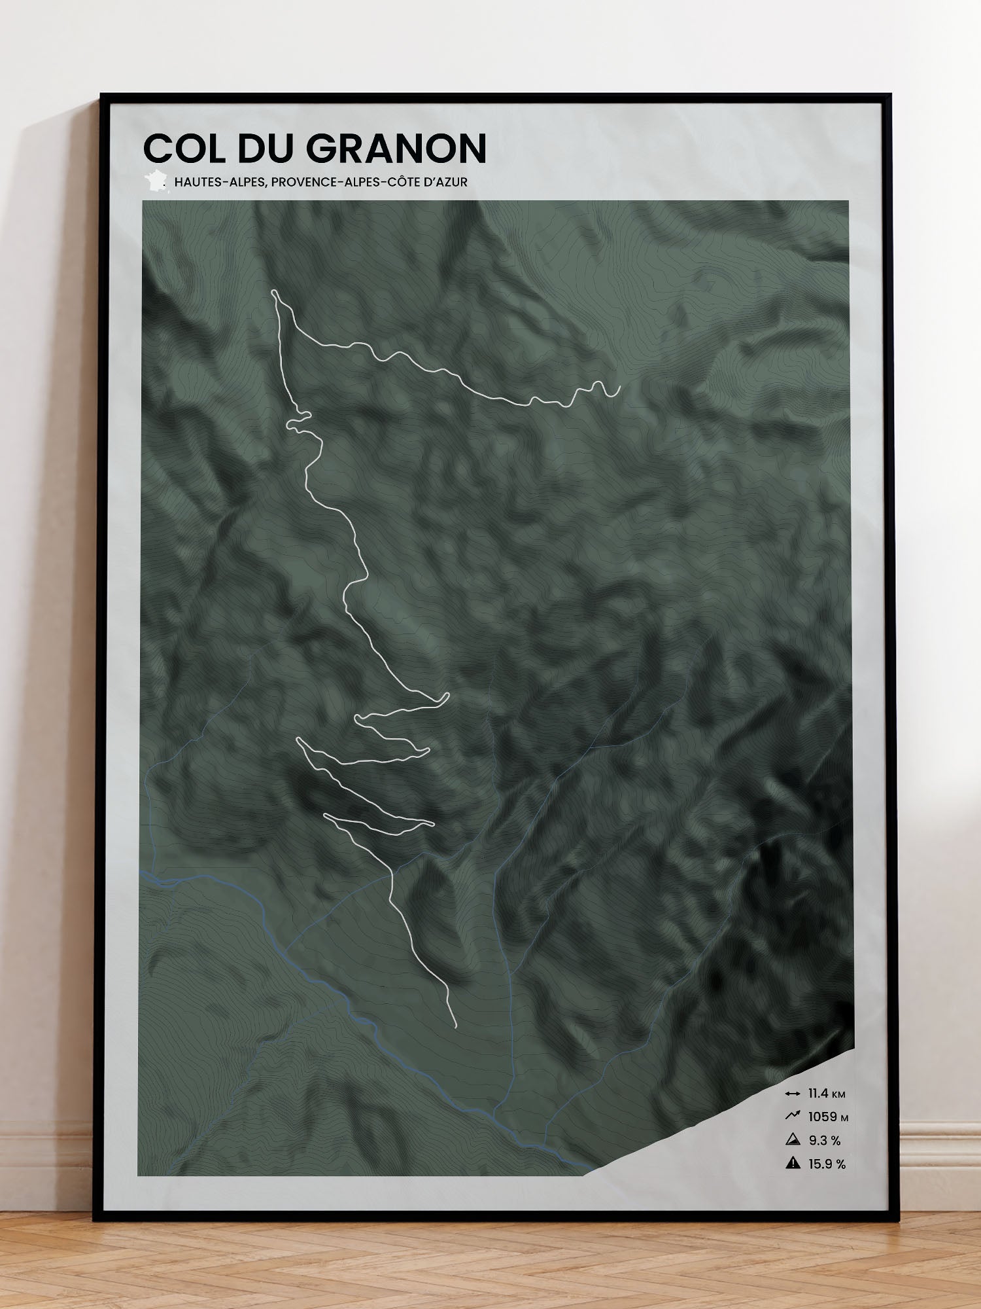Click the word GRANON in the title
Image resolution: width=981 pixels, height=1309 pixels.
click(x=396, y=149)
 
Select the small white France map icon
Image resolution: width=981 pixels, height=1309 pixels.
click(x=156, y=181)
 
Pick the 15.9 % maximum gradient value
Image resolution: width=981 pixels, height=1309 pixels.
click(x=827, y=1164)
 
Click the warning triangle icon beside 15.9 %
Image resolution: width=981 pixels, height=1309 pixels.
click(x=793, y=1164)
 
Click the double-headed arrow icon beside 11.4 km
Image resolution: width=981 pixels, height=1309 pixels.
click(x=793, y=1094)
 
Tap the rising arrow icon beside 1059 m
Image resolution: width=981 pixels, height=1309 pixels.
click(x=793, y=1117)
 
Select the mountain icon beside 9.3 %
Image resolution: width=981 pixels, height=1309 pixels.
click(x=793, y=1140)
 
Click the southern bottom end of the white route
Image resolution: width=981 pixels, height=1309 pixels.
click(x=455, y=1026)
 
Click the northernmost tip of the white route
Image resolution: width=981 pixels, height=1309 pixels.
click(x=274, y=292)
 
